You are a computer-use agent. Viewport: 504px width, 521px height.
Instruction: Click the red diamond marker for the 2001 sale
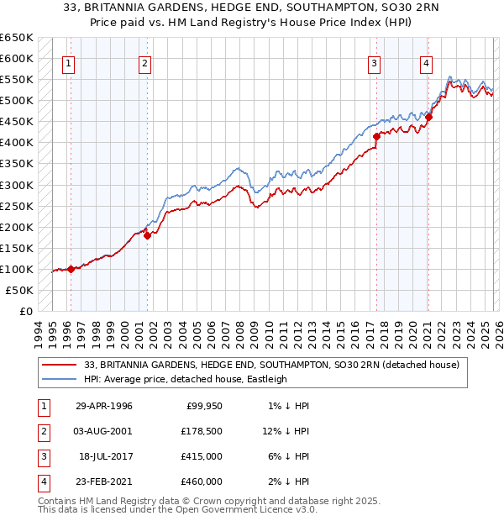point(147,236)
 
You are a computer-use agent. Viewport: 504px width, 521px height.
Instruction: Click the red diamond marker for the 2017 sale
point(376,136)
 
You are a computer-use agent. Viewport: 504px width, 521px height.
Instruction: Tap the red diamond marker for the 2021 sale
point(428,118)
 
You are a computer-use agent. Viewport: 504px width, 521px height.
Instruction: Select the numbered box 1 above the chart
point(68,62)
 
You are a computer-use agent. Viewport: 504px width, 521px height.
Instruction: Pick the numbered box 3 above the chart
point(374,62)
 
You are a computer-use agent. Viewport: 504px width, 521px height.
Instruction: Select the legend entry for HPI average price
point(186,379)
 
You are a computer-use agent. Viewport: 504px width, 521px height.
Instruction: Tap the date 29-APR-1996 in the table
point(103,406)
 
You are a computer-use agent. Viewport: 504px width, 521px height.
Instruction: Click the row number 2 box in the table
point(41,431)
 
